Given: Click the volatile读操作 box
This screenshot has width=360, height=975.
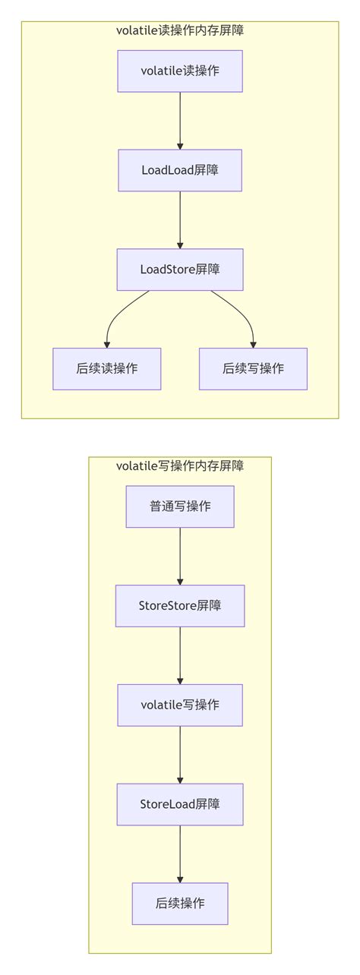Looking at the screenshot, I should click(180, 71).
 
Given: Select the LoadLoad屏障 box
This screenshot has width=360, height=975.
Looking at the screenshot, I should click(180, 170).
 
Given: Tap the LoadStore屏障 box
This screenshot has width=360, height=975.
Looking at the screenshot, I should click(180, 270).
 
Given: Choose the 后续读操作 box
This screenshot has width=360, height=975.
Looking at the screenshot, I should click(107, 369).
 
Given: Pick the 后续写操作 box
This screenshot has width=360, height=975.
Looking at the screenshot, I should click(253, 369).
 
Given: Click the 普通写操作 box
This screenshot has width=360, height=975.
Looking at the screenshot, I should click(180, 506).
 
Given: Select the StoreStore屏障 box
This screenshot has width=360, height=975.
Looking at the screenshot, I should click(180, 606).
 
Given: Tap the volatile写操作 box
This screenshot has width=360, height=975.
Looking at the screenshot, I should click(180, 705).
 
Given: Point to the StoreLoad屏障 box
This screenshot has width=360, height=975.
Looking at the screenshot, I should click(180, 804).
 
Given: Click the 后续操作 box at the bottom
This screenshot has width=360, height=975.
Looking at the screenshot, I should click(180, 904).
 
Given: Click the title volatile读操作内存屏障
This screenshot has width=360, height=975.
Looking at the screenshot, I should click(180, 31).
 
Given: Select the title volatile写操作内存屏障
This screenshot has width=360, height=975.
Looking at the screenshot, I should click(180, 466).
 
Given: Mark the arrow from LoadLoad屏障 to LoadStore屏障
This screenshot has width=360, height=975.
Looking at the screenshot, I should click(180, 219).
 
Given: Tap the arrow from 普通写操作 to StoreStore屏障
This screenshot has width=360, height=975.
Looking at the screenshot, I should click(180, 556).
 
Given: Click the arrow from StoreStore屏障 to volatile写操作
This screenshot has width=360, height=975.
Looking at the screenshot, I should click(180, 655).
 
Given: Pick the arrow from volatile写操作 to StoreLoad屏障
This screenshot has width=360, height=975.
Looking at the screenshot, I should click(180, 755).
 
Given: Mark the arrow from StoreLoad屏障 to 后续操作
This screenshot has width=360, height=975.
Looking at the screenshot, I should click(180, 854).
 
